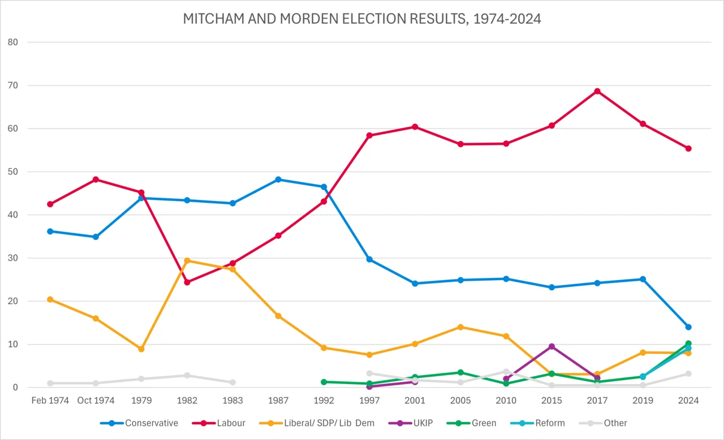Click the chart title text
click(x=362, y=19)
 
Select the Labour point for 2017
click(x=597, y=91)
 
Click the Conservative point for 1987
click(x=278, y=180)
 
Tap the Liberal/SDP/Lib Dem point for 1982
click(x=187, y=260)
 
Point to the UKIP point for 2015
click(x=551, y=346)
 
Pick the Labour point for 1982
click(x=187, y=282)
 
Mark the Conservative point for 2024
click(x=688, y=327)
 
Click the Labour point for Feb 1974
click(x=50, y=204)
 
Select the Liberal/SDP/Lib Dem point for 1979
click(x=141, y=349)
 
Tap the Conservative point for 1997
click(x=369, y=259)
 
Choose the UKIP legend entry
click(x=415, y=422)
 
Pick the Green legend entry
click(x=477, y=422)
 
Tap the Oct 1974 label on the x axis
click(x=96, y=400)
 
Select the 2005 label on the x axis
click(x=460, y=400)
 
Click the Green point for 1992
click(x=324, y=382)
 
